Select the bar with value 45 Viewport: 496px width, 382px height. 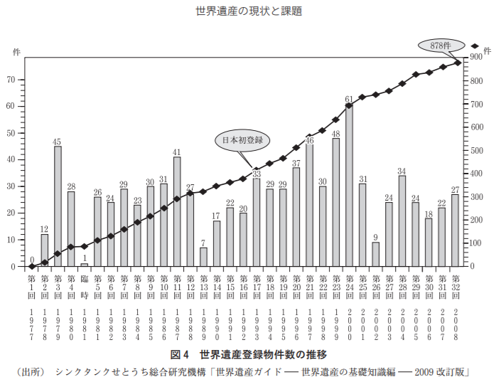tap(58, 206)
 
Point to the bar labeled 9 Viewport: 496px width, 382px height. tap(375, 255)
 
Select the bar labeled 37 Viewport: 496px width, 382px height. tap(296, 217)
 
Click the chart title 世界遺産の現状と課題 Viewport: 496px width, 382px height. tap(248, 11)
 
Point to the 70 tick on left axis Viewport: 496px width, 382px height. tap(11, 80)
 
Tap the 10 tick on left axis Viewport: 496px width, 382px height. tap(11, 240)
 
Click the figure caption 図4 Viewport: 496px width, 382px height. tap(178, 354)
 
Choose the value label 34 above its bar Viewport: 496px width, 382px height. tap(401, 171)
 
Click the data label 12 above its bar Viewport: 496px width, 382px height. tap(44, 229)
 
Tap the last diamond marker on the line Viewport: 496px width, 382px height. tap(458, 63)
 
